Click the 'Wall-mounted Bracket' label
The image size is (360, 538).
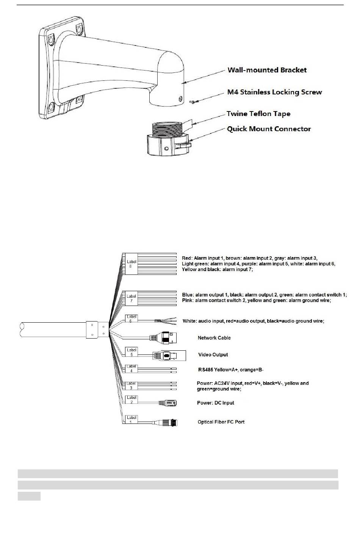pos(267,70)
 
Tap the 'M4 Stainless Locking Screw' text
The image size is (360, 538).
pos(274,92)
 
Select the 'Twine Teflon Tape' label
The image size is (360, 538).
pos(258,114)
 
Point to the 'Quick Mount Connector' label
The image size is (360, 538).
pos(269,129)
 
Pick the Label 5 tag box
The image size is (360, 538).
pos(131,352)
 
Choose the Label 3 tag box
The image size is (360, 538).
pos(131,386)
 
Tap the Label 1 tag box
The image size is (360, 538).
pos(131,420)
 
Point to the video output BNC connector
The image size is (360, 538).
pos(169,355)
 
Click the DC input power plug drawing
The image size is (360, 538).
pos(168,403)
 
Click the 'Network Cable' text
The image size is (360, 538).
pos(214,338)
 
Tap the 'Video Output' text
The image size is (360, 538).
pos(213,355)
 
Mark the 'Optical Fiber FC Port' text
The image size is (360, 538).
pos(221,422)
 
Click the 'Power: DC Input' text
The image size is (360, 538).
pos(215,403)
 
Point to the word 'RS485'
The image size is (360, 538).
pos(205,370)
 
